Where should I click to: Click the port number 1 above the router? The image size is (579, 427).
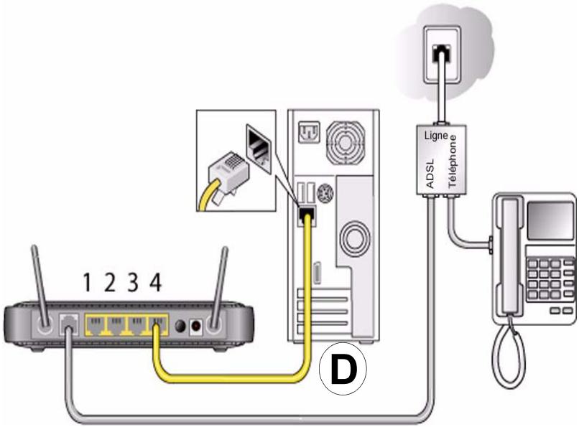click(86, 283)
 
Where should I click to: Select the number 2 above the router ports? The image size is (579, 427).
click(109, 283)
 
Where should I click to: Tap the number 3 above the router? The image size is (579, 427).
click(132, 283)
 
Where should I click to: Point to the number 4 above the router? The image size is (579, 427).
click(155, 283)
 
